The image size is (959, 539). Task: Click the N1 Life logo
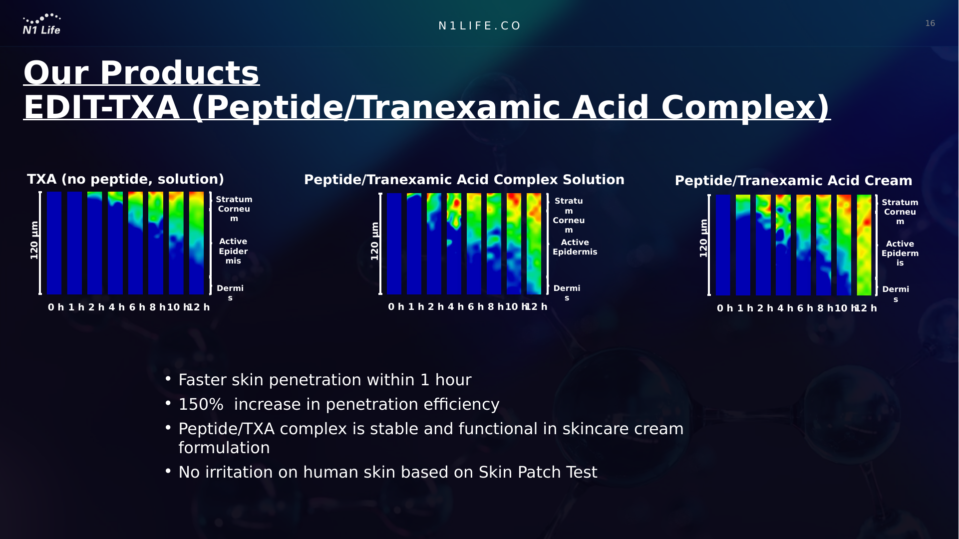42,24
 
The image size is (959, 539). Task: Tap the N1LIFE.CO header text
480,26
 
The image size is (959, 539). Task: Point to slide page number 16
930,23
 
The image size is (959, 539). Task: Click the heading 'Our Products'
141,73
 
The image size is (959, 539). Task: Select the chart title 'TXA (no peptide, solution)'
125,179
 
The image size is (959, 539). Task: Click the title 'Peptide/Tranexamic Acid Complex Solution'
464,180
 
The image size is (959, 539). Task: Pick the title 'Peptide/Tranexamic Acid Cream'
794,181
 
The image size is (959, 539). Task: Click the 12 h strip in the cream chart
864,245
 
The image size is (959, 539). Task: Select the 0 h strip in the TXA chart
54,243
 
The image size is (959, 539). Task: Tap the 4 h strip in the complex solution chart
454,244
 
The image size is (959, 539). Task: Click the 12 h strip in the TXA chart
197,243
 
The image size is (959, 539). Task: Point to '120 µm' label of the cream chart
703,239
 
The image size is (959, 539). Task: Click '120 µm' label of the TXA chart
34,241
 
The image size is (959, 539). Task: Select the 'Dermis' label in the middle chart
567,293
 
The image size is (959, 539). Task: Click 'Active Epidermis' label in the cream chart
900,254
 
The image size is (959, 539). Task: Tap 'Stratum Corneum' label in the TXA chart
234,209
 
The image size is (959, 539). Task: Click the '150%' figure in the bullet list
201,404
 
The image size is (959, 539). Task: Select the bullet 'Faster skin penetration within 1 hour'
325,380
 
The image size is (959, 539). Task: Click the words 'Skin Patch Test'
538,472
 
